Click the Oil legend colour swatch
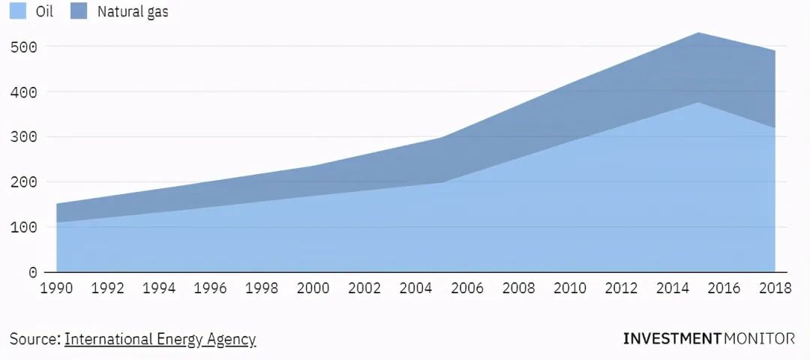(19, 11)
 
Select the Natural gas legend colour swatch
(78, 11)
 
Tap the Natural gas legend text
(133, 12)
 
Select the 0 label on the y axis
(32, 272)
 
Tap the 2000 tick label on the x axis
(313, 289)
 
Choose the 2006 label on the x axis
(466, 289)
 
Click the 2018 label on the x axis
(775, 289)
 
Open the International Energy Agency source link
(160, 339)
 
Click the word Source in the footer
(34, 339)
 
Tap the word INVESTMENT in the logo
(671, 339)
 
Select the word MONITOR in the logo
(759, 339)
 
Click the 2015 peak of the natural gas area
(698, 33)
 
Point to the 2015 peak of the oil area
(698, 103)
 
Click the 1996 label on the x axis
(210, 289)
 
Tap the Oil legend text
(44, 12)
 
